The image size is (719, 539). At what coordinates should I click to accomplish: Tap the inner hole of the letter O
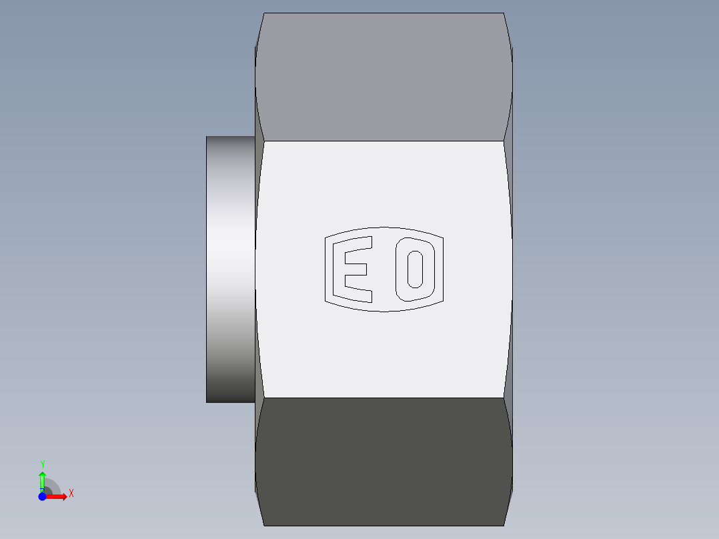click(x=415, y=269)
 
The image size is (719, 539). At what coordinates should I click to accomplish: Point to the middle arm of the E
click(x=354, y=268)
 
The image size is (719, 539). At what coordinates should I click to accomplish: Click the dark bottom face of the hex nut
click(x=384, y=460)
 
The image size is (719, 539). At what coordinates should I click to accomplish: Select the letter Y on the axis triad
click(x=43, y=464)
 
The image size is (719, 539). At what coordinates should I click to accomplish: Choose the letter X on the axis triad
click(x=71, y=494)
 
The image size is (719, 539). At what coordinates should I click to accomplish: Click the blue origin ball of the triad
click(x=42, y=497)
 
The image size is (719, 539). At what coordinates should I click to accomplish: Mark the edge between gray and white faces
click(x=384, y=141)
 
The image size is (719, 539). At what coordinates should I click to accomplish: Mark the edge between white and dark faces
click(x=384, y=398)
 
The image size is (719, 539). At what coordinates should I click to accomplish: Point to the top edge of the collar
click(x=230, y=137)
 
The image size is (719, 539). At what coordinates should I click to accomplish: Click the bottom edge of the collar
click(x=230, y=402)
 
